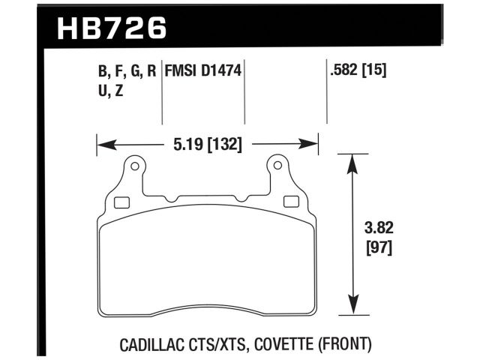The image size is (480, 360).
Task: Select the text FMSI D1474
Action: tap(204, 73)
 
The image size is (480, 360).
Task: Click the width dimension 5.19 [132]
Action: tap(207, 144)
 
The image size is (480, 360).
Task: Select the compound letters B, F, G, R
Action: tap(126, 73)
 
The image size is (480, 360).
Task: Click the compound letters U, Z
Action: tap(109, 93)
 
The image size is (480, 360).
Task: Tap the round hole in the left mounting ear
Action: tap(135, 165)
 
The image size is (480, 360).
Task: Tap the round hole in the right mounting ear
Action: tap(278, 165)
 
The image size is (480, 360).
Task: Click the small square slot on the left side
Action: tap(120, 200)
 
